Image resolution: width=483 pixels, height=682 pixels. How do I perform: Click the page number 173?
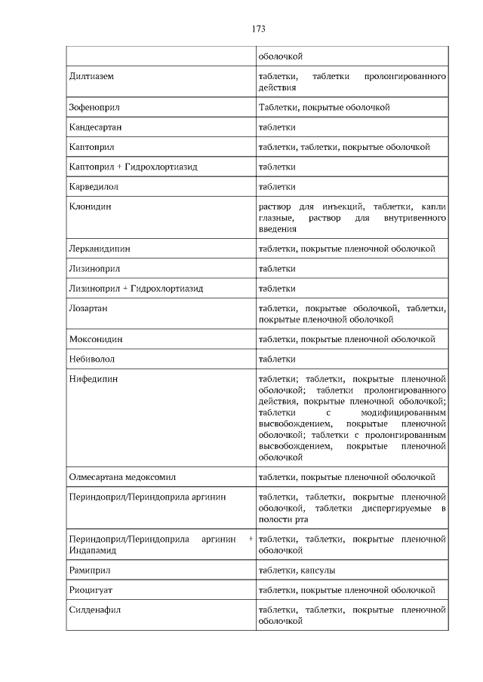tap(258, 29)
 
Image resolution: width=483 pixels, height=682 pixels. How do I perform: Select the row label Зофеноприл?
tap(94, 107)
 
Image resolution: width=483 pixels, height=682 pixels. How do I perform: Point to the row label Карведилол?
tap(94, 186)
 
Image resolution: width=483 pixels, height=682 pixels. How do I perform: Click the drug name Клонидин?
tap(90, 206)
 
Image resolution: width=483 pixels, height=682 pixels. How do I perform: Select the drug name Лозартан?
tap(88, 308)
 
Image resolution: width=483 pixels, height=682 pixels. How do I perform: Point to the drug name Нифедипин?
tap(94, 378)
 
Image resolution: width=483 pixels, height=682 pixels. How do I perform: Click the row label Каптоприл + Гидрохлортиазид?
tap(133, 167)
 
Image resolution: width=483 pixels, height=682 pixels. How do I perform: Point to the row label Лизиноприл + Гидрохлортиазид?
tap(136, 288)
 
